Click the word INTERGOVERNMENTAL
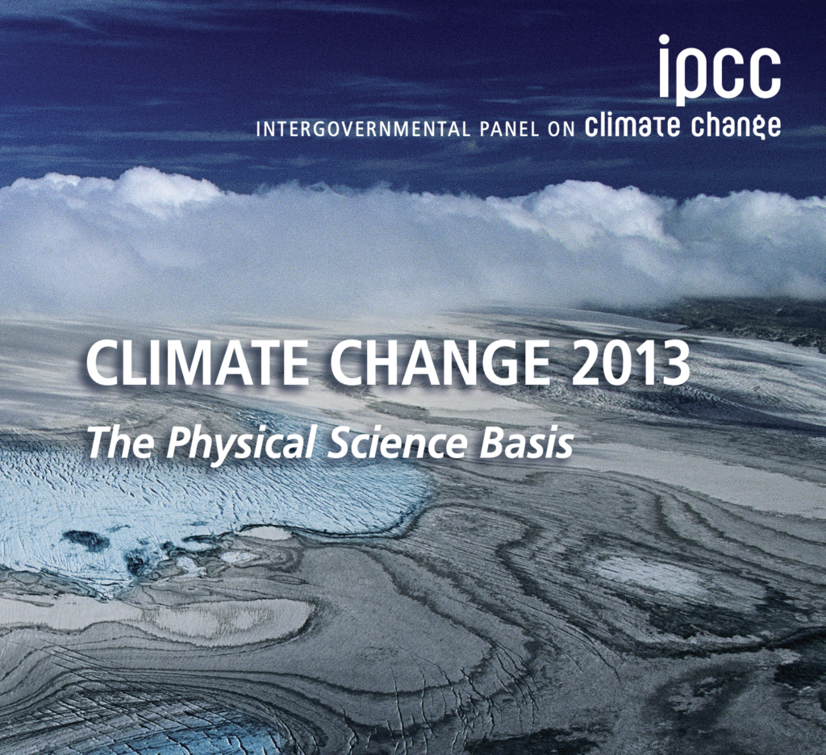pyautogui.click(x=362, y=130)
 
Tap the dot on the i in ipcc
pyautogui.click(x=665, y=40)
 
